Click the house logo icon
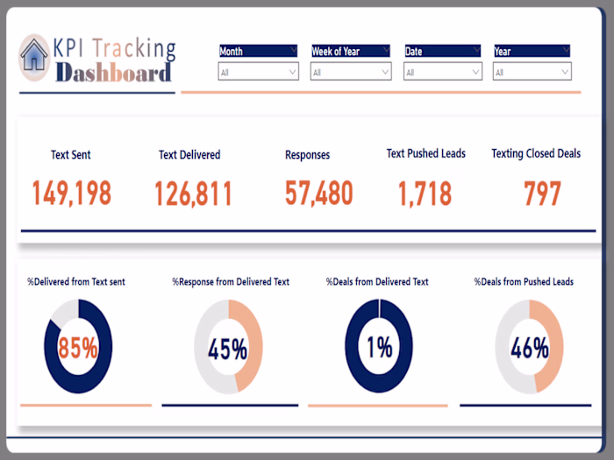coord(34,54)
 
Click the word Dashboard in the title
coord(112,73)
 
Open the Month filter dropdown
coord(258,73)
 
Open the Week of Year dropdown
coord(351,73)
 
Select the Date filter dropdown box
coord(442,73)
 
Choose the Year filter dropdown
coord(532,73)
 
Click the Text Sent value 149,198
coord(72,194)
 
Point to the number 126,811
coord(193,194)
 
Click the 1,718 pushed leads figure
coord(425,194)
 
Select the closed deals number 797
coord(542,194)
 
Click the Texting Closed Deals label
coord(536,153)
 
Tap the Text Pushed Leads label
coord(426,153)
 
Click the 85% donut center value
coord(78,348)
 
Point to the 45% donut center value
coord(227,350)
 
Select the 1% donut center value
coord(379,348)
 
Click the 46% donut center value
coord(529,348)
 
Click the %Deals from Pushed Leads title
coord(524,282)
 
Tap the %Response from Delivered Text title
coord(231,282)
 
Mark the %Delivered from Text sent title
coord(76,282)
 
